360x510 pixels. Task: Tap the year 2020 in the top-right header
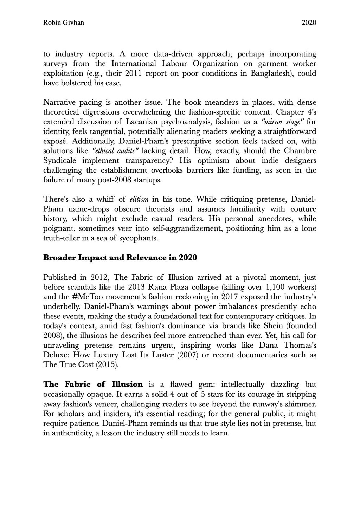(x=309, y=23)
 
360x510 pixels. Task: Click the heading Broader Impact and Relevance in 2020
(x=120, y=258)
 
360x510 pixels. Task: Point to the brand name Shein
(x=273, y=325)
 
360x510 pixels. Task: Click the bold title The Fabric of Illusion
(x=93, y=384)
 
